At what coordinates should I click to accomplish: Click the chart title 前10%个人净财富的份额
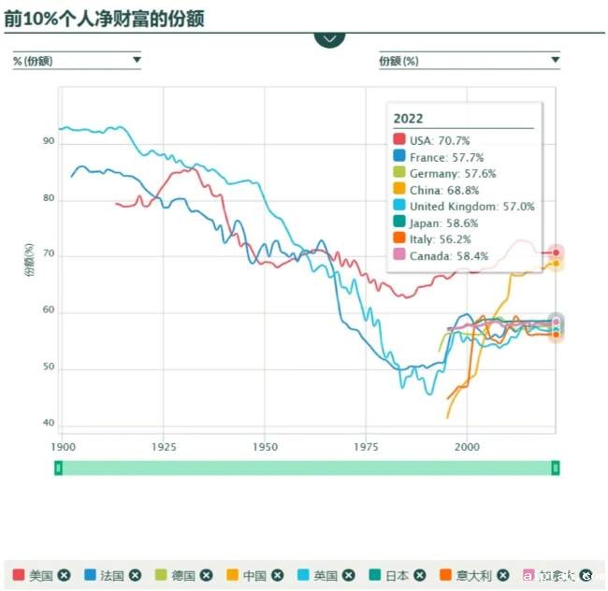[x=104, y=19]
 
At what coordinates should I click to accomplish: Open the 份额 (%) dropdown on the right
[x=469, y=61]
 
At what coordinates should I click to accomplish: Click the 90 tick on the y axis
[x=49, y=142]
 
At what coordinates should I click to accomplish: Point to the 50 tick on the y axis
[x=49, y=368]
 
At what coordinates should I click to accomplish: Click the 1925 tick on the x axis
[x=164, y=448]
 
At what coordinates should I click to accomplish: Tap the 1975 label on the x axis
[x=366, y=448]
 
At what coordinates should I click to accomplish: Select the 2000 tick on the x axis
[x=467, y=448]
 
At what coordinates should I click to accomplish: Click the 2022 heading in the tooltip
[x=408, y=119]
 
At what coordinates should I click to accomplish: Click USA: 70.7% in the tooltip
[x=439, y=140]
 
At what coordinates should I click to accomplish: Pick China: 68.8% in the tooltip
[x=442, y=190]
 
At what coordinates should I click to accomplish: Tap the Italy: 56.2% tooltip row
[x=439, y=239]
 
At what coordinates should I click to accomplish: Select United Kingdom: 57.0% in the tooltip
[x=471, y=207]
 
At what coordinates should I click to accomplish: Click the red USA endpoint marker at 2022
[x=556, y=252]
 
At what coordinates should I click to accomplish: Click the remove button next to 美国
[x=64, y=575]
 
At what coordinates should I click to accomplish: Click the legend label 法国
[x=112, y=575]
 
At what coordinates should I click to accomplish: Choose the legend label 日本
[x=398, y=575]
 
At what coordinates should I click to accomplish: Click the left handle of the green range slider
[x=58, y=468]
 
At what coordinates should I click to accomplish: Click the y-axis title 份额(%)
[x=29, y=261]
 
